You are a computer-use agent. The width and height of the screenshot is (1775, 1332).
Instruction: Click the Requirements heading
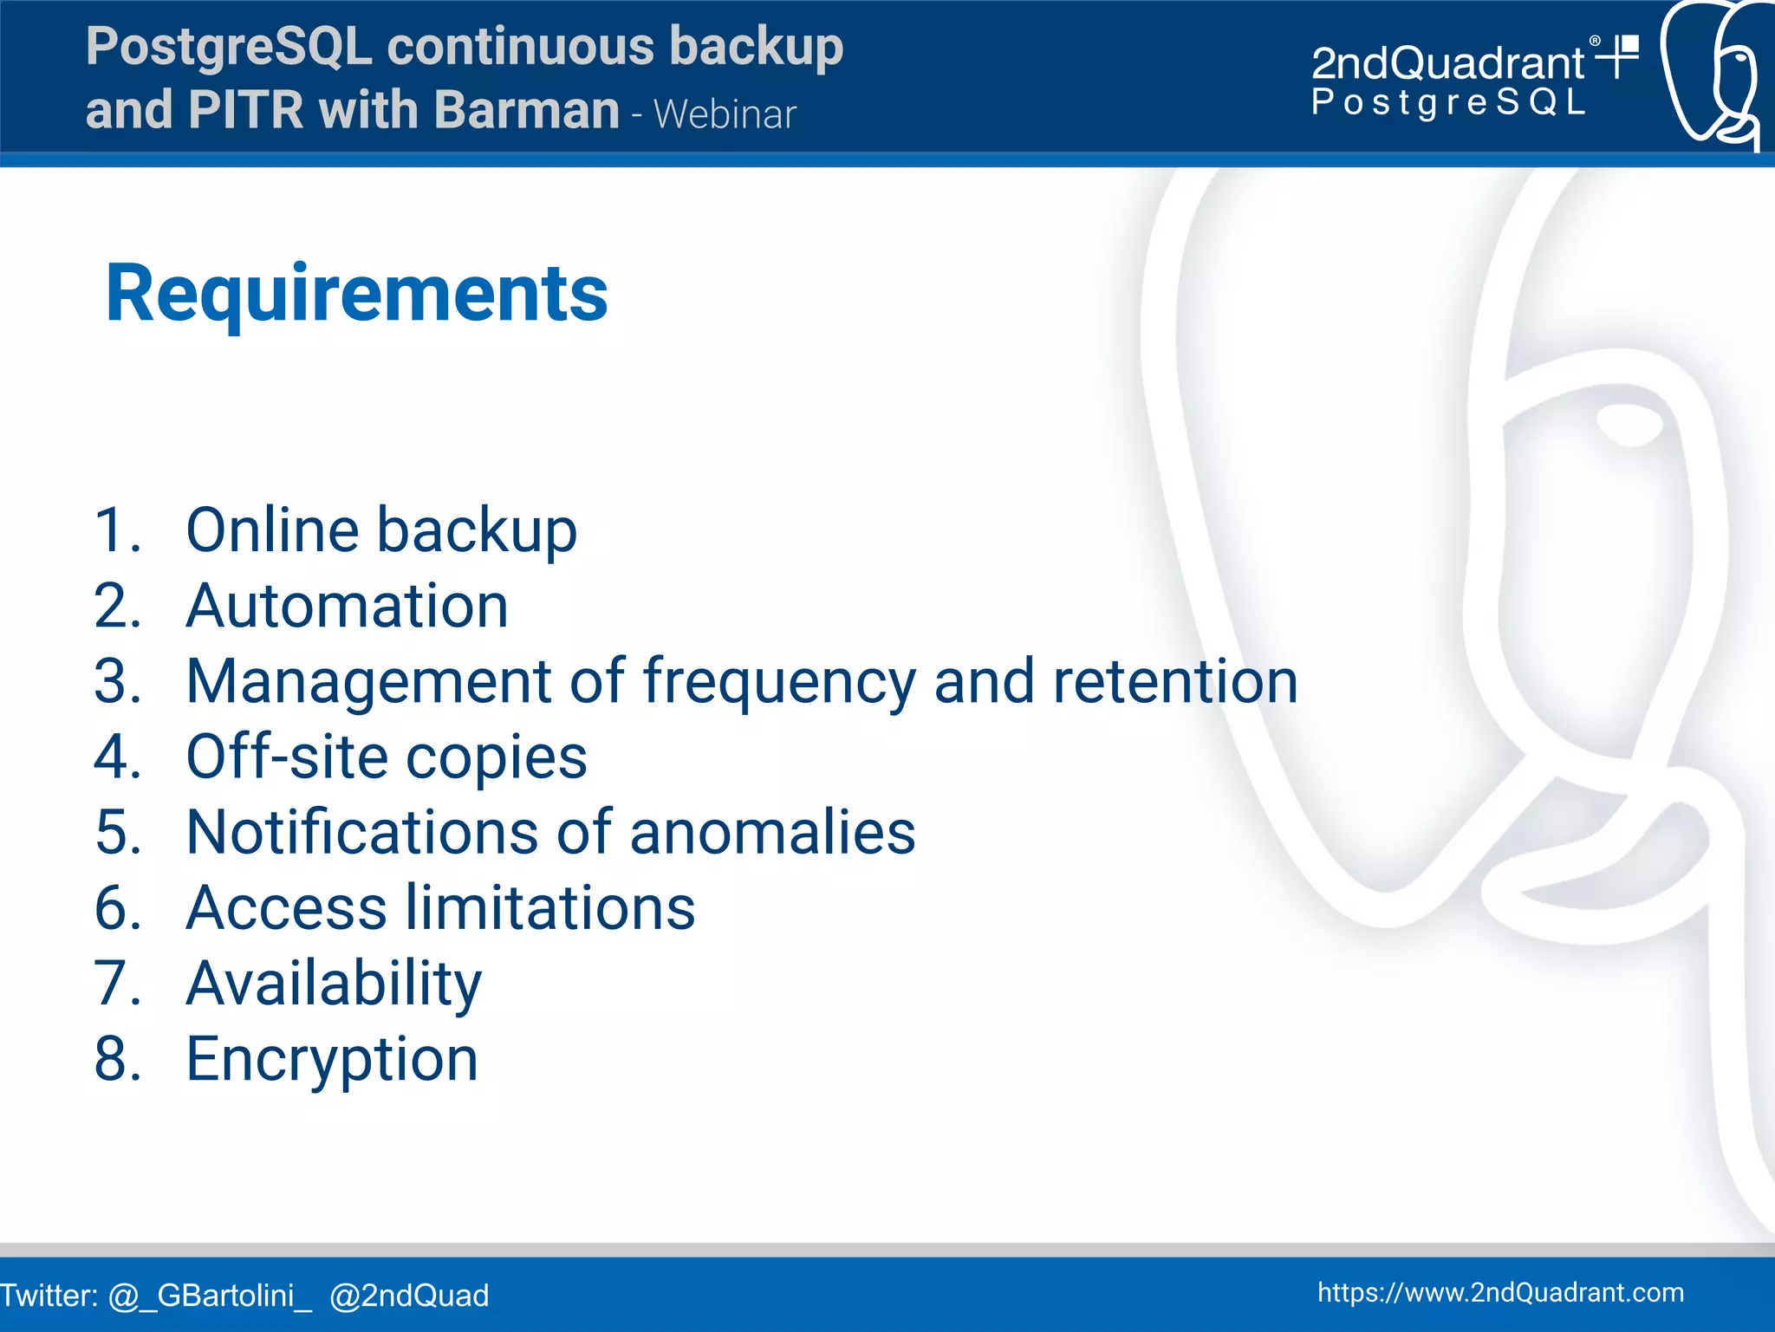(x=356, y=294)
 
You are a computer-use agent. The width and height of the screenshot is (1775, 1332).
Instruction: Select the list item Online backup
(x=380, y=530)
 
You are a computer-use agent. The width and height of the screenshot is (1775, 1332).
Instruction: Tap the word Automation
(x=347, y=605)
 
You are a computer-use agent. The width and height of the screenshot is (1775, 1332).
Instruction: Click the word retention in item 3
(x=1175, y=681)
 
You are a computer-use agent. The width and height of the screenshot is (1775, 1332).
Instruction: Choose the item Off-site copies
(x=386, y=757)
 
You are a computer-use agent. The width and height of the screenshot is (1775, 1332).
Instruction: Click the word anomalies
(x=771, y=832)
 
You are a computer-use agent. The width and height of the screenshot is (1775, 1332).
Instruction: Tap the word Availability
(x=334, y=984)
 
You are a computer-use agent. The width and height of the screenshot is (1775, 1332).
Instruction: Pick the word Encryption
(x=332, y=1059)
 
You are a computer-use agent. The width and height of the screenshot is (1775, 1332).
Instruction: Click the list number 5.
(x=117, y=832)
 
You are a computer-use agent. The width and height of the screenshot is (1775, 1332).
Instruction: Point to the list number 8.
(x=117, y=1059)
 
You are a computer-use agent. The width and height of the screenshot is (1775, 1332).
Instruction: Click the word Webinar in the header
(x=725, y=114)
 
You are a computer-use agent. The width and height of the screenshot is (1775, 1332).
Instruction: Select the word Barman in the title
(x=526, y=110)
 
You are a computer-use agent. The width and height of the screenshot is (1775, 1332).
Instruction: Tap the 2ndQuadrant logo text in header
(x=1447, y=63)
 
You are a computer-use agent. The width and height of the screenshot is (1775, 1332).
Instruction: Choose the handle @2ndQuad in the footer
(x=409, y=1295)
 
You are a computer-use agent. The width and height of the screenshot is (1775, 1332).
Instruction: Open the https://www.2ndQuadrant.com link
(x=1500, y=1292)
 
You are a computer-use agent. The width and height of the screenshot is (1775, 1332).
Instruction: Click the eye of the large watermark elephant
(x=1629, y=424)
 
